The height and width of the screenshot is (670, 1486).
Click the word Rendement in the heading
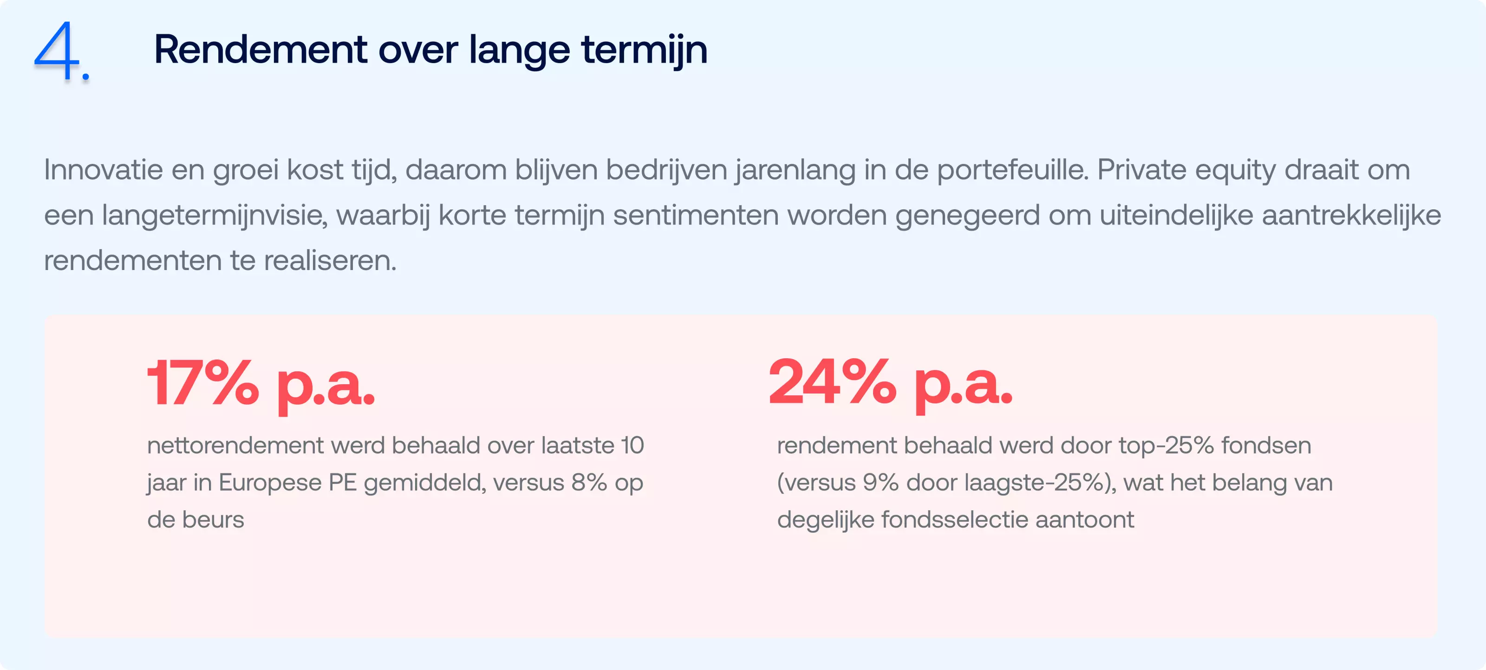tap(260, 50)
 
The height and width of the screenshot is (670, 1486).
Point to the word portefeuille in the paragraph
tap(1012, 170)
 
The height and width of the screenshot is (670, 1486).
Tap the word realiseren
tap(331, 261)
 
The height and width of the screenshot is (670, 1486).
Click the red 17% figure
tap(203, 383)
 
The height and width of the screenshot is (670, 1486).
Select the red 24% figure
tap(833, 382)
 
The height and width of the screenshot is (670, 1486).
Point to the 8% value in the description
tap(589, 483)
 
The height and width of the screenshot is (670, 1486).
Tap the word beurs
tap(214, 520)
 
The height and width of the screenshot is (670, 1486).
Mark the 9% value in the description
tap(880, 483)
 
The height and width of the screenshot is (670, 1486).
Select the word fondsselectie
tap(955, 520)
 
